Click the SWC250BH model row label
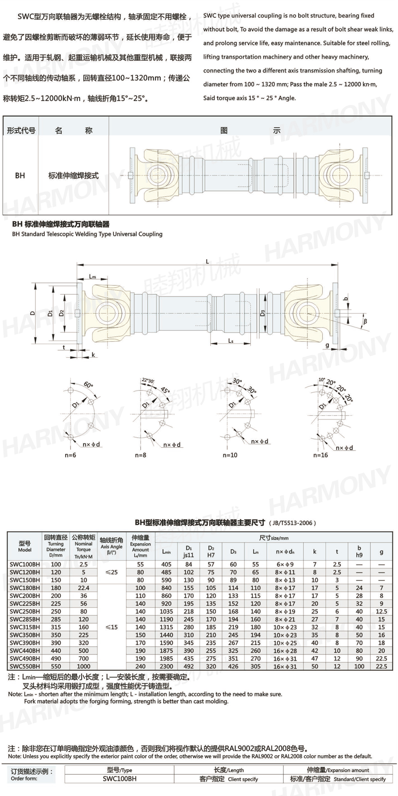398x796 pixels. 25,611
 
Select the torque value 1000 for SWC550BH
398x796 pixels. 84,666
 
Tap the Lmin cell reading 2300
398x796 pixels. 166,666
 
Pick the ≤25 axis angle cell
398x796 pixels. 111,572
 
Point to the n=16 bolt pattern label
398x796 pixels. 320,455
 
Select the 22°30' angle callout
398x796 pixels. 148,380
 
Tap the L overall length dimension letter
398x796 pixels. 207,262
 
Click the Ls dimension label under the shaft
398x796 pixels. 231,341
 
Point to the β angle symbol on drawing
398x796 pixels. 365,321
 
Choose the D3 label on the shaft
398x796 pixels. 263,313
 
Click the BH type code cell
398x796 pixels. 20,175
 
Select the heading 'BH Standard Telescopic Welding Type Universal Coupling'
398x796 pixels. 87,234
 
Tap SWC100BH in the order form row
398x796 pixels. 119,779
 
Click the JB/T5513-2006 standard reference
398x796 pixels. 293,523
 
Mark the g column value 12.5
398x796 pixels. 381,611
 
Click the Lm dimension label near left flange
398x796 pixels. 93,276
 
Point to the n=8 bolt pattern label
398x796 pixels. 141,455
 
